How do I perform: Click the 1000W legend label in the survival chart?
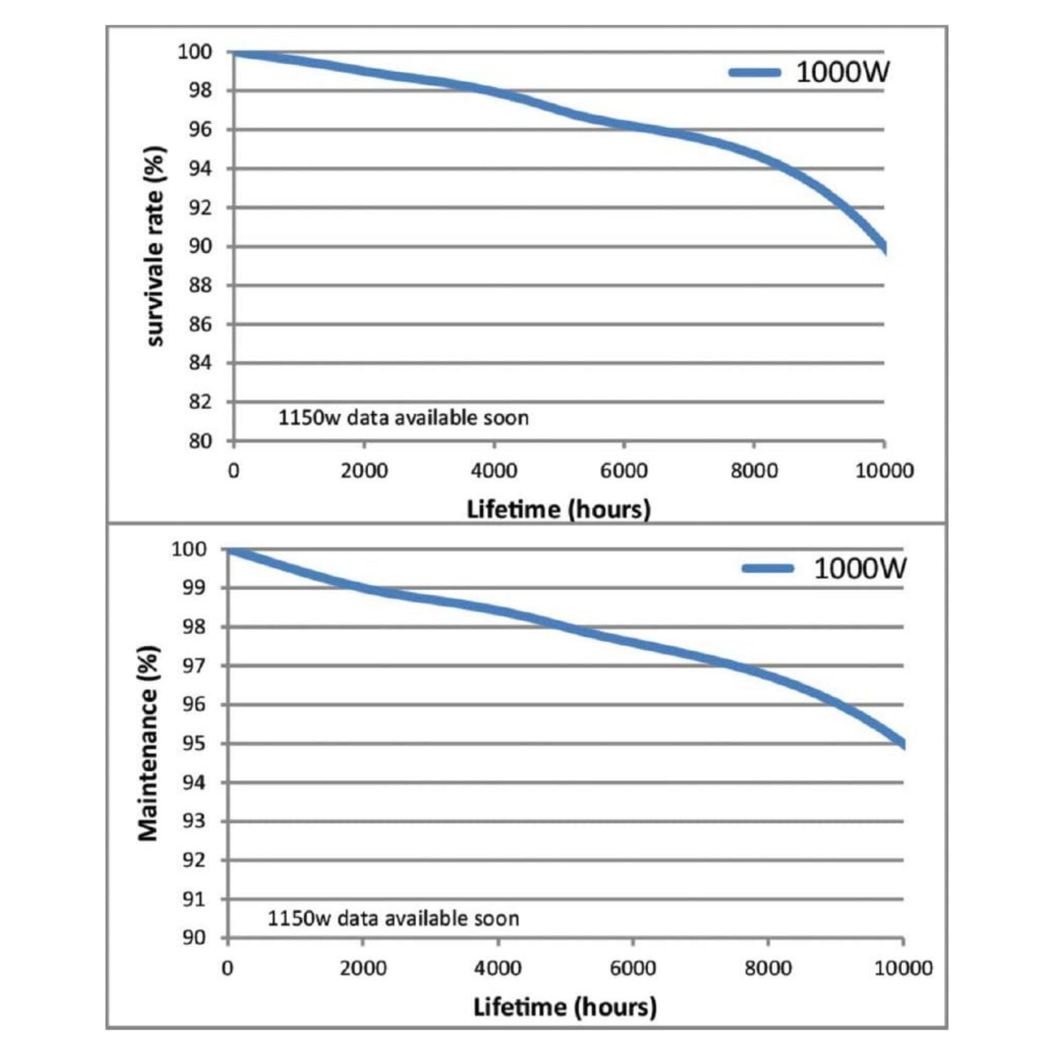[x=842, y=72]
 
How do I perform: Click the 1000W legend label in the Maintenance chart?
[x=860, y=569]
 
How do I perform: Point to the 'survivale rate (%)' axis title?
[x=156, y=247]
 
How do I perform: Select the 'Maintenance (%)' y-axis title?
[x=148, y=743]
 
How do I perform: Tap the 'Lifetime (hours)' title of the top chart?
[x=558, y=509]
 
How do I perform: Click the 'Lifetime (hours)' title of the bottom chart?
[x=564, y=1007]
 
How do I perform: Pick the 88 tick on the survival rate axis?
[x=200, y=286]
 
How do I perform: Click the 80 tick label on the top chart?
[x=200, y=441]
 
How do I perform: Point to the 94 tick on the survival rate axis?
[x=200, y=169]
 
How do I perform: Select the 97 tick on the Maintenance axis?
[x=194, y=666]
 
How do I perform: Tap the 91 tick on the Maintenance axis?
[x=194, y=900]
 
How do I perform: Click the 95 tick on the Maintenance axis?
[x=194, y=744]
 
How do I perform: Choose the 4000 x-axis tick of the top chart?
[x=494, y=471]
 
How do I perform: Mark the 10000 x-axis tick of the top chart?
[x=884, y=471]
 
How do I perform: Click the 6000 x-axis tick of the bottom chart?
[x=632, y=968]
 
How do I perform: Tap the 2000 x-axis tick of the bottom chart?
[x=363, y=968]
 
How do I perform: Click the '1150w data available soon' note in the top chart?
[x=403, y=418]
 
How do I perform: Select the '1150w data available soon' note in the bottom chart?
[x=393, y=919]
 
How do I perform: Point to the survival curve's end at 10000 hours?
[x=882, y=247]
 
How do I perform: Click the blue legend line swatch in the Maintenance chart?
[x=767, y=569]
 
